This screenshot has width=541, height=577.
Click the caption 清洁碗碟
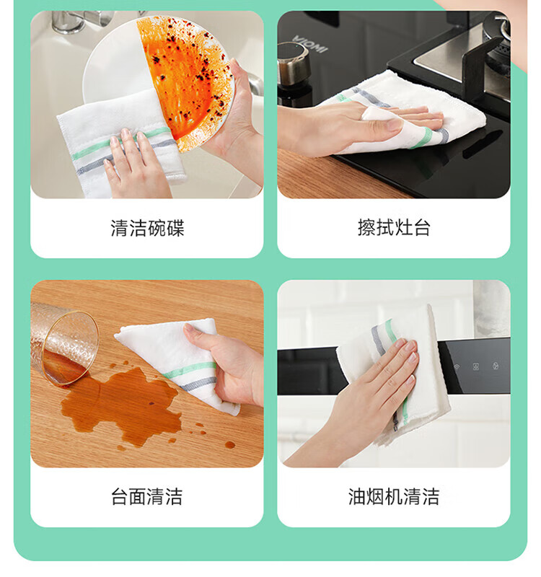[x=147, y=228]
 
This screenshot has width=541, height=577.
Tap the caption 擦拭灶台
[x=394, y=227]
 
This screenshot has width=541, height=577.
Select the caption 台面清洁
[x=147, y=497]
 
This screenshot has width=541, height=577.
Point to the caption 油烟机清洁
[x=394, y=497]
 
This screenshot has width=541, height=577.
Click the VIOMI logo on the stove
[x=310, y=44]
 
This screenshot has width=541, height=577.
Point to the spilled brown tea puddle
[x=121, y=405]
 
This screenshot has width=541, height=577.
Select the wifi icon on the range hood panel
[x=457, y=367]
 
